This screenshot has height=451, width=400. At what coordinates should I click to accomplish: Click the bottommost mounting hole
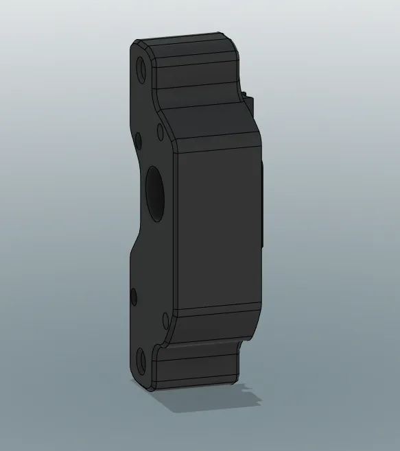click(x=141, y=359)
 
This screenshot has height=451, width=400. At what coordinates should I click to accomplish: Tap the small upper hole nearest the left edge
click(x=139, y=141)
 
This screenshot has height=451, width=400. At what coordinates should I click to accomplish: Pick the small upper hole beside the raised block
click(x=160, y=130)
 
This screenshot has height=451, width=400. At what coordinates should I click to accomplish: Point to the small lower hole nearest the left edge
click(x=134, y=297)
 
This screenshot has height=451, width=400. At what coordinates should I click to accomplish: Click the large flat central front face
click(x=218, y=230)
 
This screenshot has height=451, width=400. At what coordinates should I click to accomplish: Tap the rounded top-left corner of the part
click(x=135, y=45)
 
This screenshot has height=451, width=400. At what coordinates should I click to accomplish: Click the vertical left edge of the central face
click(x=176, y=230)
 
